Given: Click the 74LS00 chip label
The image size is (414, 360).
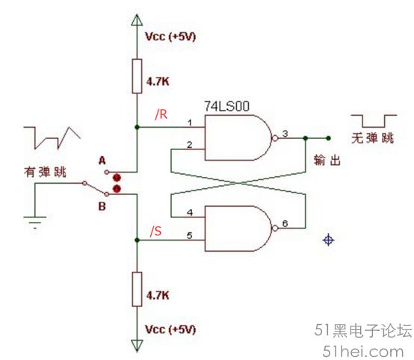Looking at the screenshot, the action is pos(226,106).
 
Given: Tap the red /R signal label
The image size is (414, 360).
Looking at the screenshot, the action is pos(161,114).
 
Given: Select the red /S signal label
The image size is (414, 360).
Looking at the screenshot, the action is pos(155,232).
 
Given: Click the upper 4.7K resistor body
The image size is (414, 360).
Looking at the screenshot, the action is pos(137,76).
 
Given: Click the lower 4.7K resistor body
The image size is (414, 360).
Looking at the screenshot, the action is pos(137,289).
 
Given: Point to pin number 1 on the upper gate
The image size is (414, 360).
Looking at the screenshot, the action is pos(190,122).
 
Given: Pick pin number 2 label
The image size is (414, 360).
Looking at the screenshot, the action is pos(189,145).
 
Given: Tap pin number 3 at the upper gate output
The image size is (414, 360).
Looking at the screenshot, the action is pos(285,134).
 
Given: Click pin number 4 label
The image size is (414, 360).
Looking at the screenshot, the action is pos(190,212).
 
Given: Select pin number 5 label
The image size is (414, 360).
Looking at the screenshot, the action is pos(189,235).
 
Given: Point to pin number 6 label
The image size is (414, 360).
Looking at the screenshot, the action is pos(285,223).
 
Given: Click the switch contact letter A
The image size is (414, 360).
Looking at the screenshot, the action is pos(102,161).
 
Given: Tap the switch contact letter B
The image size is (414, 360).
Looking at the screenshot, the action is pos(102,206).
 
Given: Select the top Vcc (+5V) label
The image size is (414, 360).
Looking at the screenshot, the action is pos(170,37).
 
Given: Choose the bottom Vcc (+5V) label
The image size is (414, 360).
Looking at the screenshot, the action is pos(170,329).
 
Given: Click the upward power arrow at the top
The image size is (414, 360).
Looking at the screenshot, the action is pos(137,20).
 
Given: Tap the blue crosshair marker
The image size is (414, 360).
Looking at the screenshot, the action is pos(329,240).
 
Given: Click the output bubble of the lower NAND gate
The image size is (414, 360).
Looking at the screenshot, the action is pos(275,229).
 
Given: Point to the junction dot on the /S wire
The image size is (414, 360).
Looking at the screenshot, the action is pos(137,240).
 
